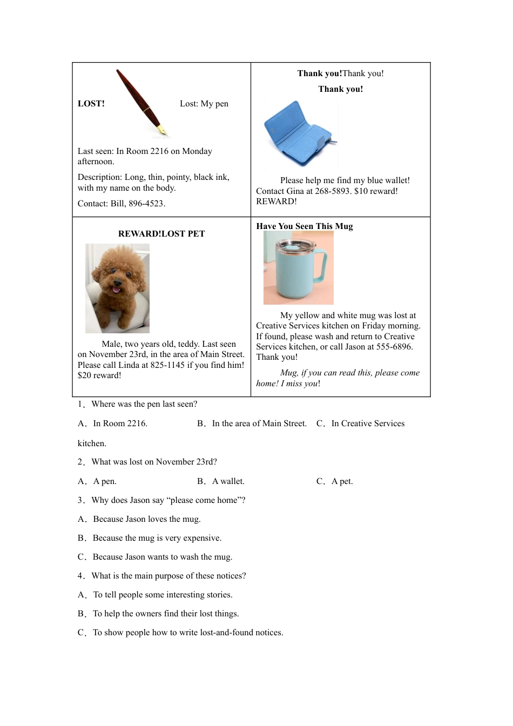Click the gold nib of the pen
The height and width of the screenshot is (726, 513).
163,131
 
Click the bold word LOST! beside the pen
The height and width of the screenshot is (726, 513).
91,104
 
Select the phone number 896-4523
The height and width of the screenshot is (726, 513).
146,204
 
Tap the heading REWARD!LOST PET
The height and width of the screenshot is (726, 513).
161,234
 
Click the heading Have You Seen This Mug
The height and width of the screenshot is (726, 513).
305,226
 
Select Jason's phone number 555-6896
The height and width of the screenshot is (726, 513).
394,347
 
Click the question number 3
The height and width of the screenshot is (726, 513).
80,500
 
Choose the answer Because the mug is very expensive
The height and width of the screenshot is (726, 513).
157,538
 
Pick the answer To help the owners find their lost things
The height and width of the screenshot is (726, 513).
165,614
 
